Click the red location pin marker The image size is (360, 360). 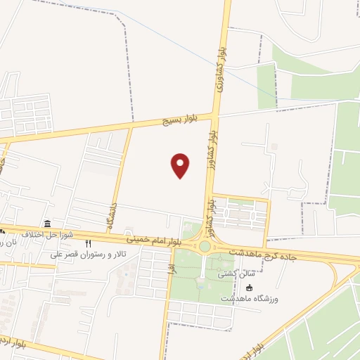click(181, 165)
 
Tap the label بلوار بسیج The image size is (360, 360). click(181, 120)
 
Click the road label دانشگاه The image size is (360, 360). click(111, 217)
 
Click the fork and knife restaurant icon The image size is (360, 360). click(88, 244)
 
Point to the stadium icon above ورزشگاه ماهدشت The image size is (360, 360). click(249, 286)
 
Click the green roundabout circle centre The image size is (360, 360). click(205, 246)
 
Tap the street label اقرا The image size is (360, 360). click(169, 269)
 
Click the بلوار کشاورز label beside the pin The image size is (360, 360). click(210, 214)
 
